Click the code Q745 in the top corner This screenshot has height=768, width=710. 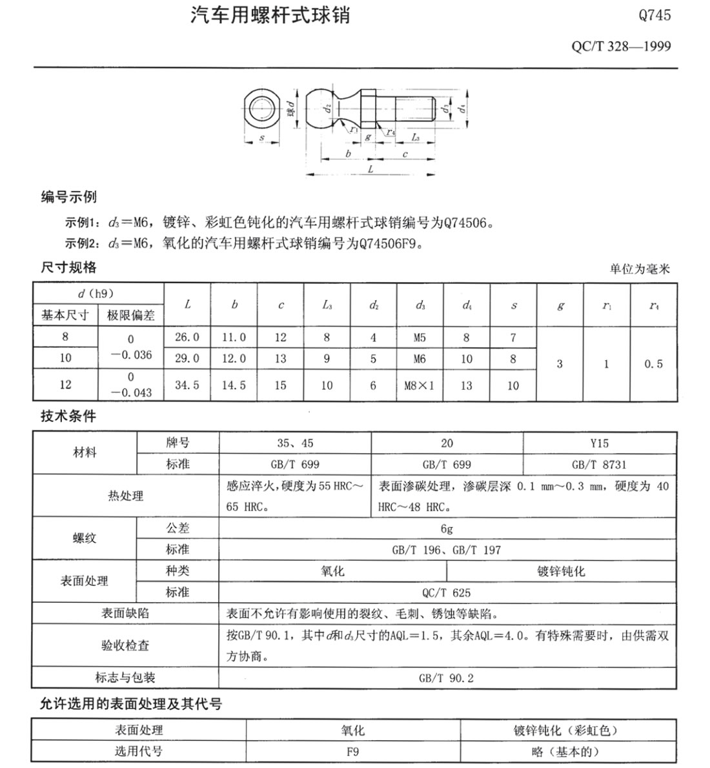pyautogui.click(x=654, y=15)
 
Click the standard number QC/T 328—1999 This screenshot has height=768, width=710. pyautogui.click(x=621, y=46)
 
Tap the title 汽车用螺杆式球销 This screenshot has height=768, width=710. pyautogui.click(x=270, y=15)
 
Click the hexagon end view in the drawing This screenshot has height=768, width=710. pyautogui.click(x=261, y=108)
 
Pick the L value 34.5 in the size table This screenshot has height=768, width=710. pyautogui.click(x=187, y=385)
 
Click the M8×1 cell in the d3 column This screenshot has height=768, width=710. pyautogui.click(x=420, y=386)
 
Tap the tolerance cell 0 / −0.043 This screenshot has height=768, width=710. pyautogui.click(x=130, y=385)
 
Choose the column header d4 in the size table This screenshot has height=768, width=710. pyautogui.click(x=467, y=305)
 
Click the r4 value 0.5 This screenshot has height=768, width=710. pyautogui.click(x=653, y=364)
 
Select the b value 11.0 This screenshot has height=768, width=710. pyautogui.click(x=234, y=338)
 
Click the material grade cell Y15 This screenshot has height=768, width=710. pyautogui.click(x=599, y=443)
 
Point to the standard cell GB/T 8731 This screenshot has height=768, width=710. pyautogui.click(x=599, y=465)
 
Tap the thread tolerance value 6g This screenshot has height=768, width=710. pyautogui.click(x=447, y=529)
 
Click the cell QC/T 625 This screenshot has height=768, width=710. pyautogui.click(x=447, y=592)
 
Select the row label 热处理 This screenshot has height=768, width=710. pyautogui.click(x=126, y=496)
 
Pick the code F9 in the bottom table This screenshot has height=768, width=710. pyautogui.click(x=352, y=751)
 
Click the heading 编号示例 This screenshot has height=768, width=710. pyautogui.click(x=69, y=197)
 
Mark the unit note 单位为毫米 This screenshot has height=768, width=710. pyautogui.click(x=640, y=269)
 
